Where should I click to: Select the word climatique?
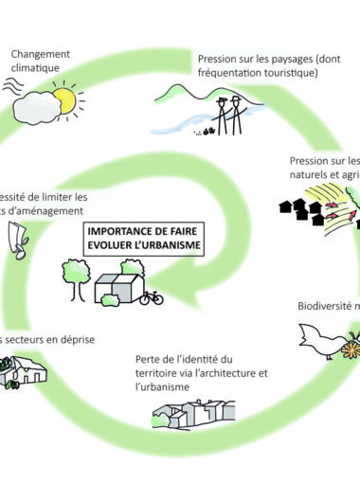coord(38,68)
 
